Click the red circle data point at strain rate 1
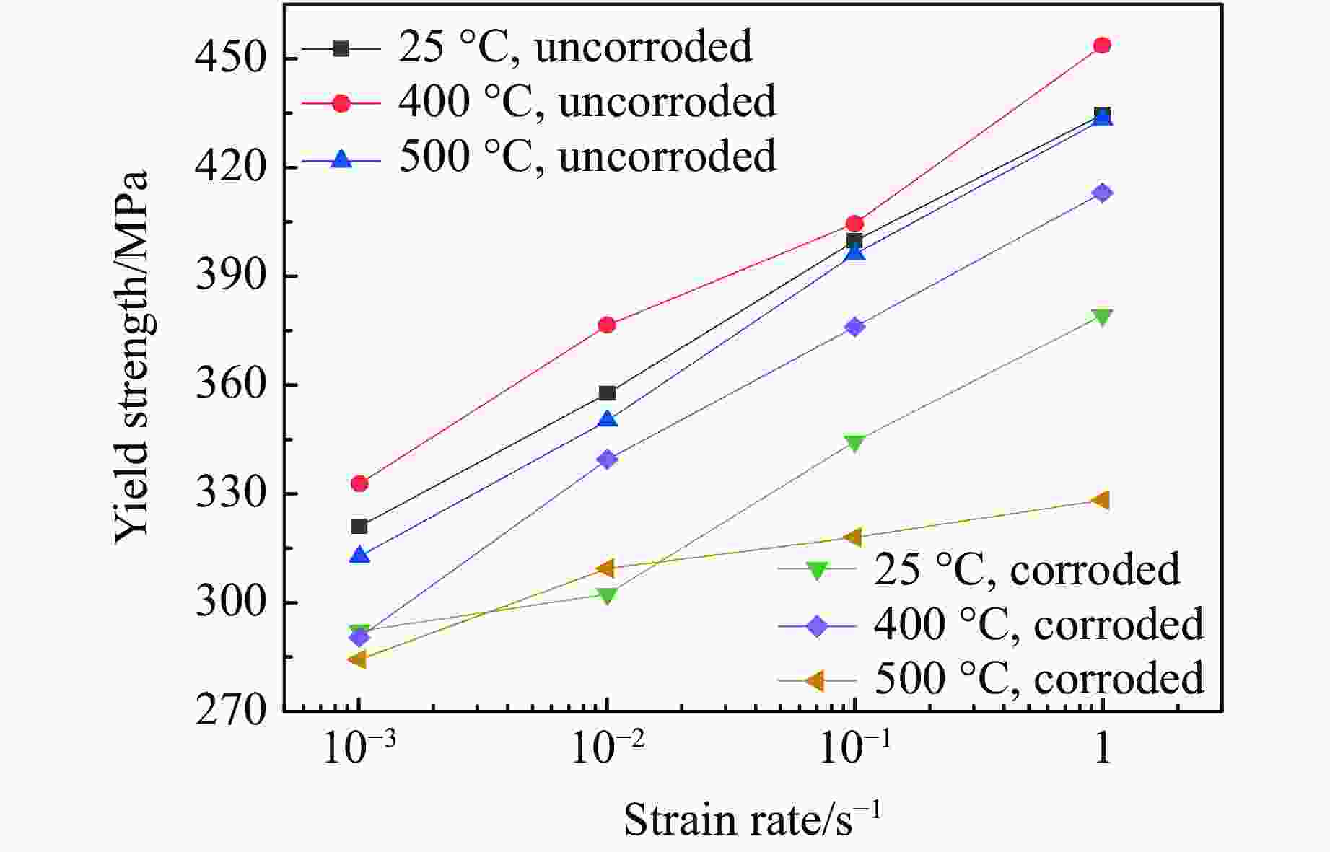(x=1101, y=45)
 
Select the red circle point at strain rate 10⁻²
(x=607, y=325)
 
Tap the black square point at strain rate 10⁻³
(x=359, y=526)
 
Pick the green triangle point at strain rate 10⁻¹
(x=854, y=442)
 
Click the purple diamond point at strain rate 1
(x=1101, y=193)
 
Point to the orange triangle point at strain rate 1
(x=1100, y=500)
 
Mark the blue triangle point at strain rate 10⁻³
(x=359, y=555)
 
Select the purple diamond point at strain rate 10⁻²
(x=607, y=459)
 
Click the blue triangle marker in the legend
(x=341, y=159)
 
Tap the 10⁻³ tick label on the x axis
(x=359, y=750)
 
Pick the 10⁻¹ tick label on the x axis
(x=854, y=750)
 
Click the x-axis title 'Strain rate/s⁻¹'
(x=752, y=820)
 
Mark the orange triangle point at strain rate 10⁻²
(x=605, y=568)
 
